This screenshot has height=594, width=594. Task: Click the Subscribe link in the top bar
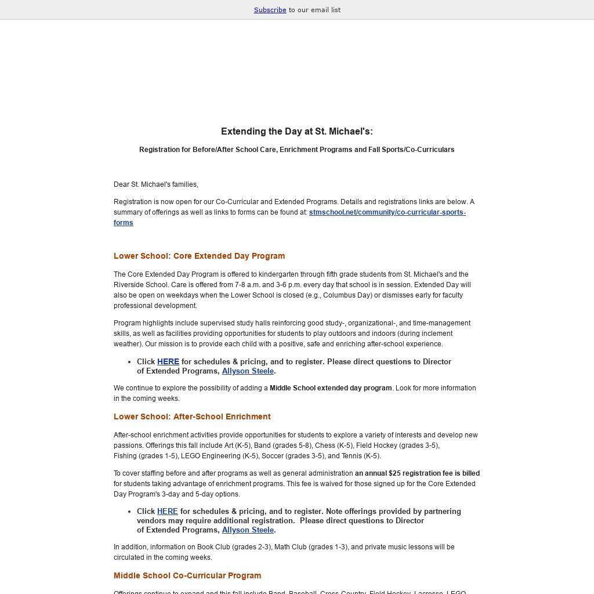270,10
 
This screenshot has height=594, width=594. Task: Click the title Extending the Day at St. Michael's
296,132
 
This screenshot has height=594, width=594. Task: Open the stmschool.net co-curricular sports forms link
387,212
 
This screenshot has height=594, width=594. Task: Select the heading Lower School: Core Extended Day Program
199,256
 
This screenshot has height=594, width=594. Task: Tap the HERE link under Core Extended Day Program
168,361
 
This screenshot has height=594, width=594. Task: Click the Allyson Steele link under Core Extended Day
248,371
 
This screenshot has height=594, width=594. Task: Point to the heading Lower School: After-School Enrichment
192,416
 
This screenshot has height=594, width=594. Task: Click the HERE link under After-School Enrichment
168,511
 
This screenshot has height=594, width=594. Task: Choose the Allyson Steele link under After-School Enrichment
248,530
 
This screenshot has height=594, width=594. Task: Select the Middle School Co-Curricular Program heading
187,575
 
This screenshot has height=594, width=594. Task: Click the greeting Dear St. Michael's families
156,184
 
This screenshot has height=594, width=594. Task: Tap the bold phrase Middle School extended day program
331,388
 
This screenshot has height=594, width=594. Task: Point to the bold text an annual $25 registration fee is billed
417,473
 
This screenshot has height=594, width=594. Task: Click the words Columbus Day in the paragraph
347,295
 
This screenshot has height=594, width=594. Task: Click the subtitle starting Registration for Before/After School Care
296,150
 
